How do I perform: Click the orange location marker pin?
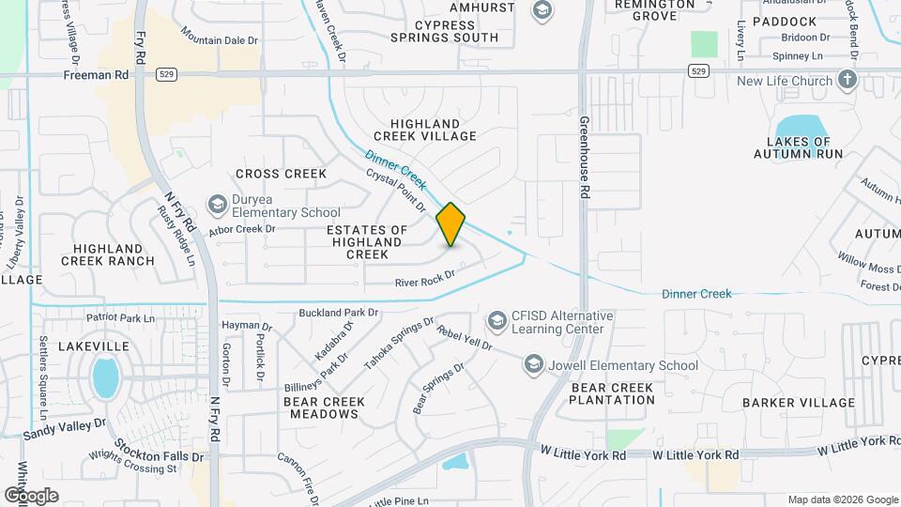pyautogui.click(x=451, y=224)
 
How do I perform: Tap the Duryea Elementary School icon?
pyautogui.click(x=217, y=205)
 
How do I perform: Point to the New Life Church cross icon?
pyautogui.click(x=848, y=80)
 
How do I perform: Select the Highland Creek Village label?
pyautogui.click(x=434, y=130)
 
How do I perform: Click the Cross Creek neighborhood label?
pyautogui.click(x=281, y=174)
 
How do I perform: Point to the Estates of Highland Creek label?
pyautogui.click(x=367, y=241)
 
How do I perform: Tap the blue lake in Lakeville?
pyautogui.click(x=105, y=378)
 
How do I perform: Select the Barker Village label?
pyautogui.click(x=798, y=403)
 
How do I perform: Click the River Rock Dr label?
pyautogui.click(x=424, y=279)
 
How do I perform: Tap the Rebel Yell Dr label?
pyautogui.click(x=465, y=340)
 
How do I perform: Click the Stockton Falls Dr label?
pyautogui.click(x=159, y=450)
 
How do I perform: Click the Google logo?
pyautogui.click(x=31, y=495)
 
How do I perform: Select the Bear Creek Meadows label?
pyautogui.click(x=324, y=407)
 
